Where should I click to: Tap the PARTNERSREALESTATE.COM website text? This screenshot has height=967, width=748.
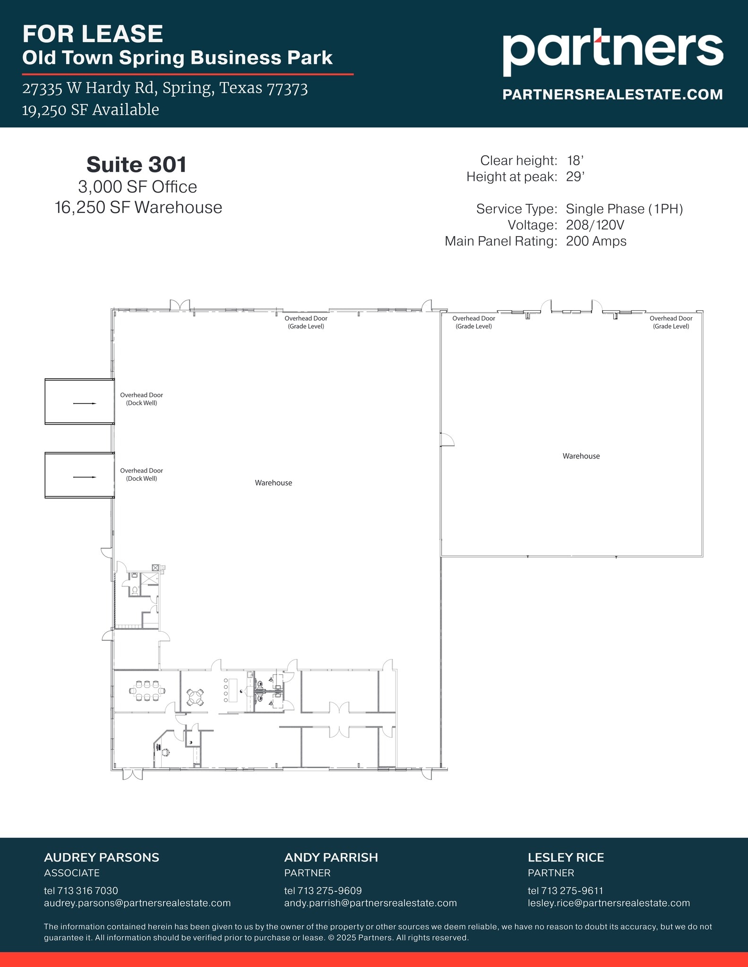pos(612,94)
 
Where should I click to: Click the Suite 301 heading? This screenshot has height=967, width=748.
pos(137,165)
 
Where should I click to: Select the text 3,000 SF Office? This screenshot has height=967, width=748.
pos(138,187)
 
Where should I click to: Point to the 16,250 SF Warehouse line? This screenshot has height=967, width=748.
pos(138,208)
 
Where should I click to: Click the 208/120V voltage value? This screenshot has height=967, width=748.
pos(595,225)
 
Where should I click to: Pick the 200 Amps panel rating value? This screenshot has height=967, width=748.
pos(596,241)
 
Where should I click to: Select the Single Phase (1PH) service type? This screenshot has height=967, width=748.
pos(624,209)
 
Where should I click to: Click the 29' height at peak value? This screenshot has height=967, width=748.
pos(575,177)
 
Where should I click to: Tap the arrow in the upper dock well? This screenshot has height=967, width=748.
pos(85,403)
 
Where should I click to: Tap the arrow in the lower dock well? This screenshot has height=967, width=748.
pos(85,477)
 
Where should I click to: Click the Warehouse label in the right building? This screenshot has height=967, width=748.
pos(581,456)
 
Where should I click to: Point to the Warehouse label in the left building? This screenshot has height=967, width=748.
pos(273,483)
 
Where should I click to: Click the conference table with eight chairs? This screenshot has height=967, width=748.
pos(147,691)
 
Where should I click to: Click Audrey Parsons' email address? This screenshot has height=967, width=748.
pos(137,903)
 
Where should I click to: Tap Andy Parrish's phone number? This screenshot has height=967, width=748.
pos(323,891)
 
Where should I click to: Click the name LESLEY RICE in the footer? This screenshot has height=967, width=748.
pos(566,857)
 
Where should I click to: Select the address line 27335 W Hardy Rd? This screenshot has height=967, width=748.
pos(165,88)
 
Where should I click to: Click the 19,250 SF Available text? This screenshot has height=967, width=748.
pos(90,110)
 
